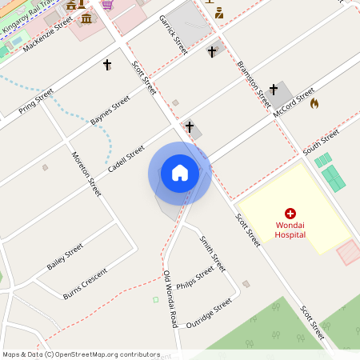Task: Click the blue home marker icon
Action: pos(180,172)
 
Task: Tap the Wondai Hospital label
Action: pos(290,230)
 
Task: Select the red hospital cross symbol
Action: pos(290,214)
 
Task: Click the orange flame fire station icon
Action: pos(314,103)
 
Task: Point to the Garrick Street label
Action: pos(174,34)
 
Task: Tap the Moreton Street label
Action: pos(86,174)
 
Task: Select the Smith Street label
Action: pos(213,252)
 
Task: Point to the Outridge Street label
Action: pos(209,313)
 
